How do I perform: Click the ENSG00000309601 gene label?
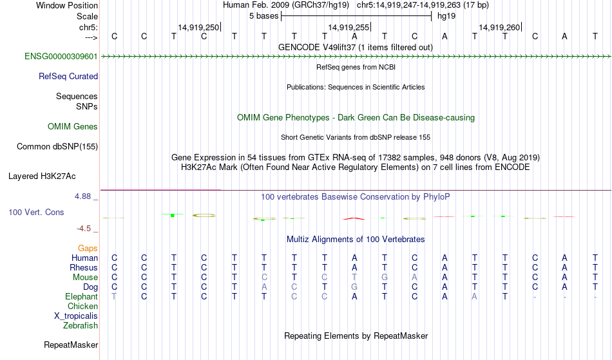[x=61, y=57]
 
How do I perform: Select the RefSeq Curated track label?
[x=68, y=77]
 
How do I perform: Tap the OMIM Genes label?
[x=73, y=127]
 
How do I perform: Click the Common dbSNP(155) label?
[x=57, y=147]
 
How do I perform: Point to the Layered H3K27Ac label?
[x=42, y=176]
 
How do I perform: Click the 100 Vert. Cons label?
[x=36, y=212]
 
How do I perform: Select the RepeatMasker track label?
[x=71, y=345]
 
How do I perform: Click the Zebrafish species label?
[x=81, y=326]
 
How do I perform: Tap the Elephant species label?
[x=81, y=297]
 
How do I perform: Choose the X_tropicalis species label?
[x=76, y=316]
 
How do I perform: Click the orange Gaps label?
[x=88, y=249]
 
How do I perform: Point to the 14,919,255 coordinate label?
[x=348, y=27]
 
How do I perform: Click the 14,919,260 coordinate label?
[x=499, y=27]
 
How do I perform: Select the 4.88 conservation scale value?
[x=82, y=196]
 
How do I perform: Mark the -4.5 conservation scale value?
[x=84, y=229]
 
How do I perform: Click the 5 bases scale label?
[x=264, y=16]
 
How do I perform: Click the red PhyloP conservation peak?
[x=354, y=218]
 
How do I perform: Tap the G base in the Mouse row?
[x=385, y=278]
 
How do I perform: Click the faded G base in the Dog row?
[x=354, y=287]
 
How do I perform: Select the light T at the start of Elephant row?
[x=114, y=297]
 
